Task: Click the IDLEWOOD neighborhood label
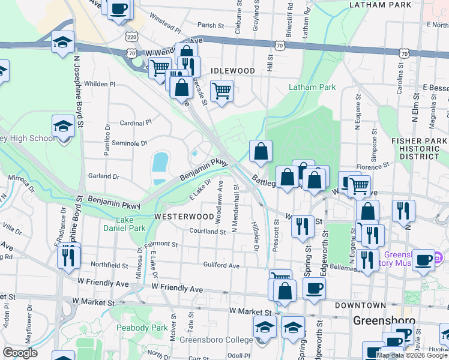pyautogui.click(x=232, y=71)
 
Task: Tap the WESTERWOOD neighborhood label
pyautogui.click(x=184, y=216)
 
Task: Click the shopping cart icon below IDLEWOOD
pyautogui.click(x=222, y=91)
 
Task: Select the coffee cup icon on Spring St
pyautogui.click(x=314, y=289)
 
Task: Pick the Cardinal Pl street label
pyautogui.click(x=136, y=122)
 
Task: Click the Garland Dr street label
pyautogui.click(x=103, y=176)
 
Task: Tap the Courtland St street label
pyautogui.click(x=208, y=231)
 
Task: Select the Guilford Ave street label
pyautogui.click(x=221, y=265)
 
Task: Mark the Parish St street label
pyautogui.click(x=210, y=26)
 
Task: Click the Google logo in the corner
pyautogui.click(x=20, y=353)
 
